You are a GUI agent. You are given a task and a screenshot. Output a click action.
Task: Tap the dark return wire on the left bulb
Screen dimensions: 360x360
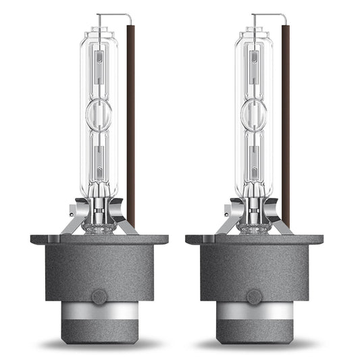[130, 122]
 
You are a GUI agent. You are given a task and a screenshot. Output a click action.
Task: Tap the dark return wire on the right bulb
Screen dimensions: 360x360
[285, 122]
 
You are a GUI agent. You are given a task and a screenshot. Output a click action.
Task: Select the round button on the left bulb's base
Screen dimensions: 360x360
[99, 295]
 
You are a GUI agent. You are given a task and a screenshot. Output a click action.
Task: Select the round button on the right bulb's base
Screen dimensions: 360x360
[254, 295]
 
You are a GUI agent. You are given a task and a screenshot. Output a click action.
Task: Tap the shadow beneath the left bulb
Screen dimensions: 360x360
[99, 344]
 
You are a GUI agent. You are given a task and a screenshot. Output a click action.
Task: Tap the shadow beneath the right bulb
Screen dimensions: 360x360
[254, 344]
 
